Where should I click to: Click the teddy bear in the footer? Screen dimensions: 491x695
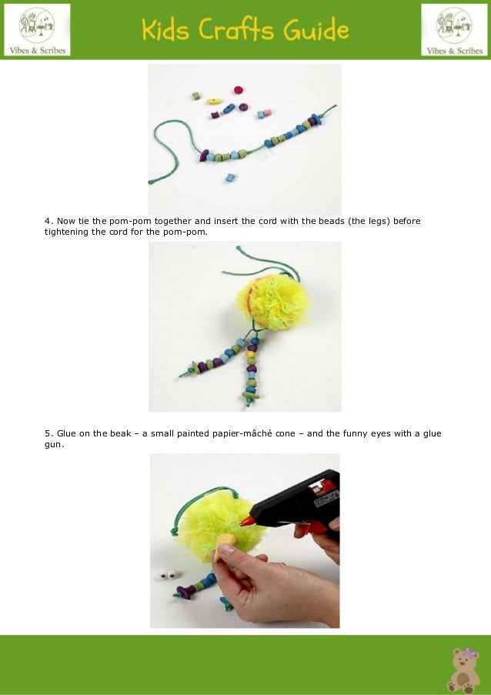463,670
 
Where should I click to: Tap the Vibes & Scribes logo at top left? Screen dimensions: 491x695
37,30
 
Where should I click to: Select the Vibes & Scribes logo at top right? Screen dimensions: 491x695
454,30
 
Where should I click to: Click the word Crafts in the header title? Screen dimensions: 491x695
235,29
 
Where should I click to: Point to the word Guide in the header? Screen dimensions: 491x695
316,30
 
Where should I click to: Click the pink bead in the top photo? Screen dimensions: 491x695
239,90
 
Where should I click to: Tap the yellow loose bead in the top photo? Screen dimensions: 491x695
214,101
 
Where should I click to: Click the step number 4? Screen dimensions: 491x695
48,221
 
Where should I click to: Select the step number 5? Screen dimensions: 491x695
48,433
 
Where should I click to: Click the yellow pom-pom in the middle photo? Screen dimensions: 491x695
273,302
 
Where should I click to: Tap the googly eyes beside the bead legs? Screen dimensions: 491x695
169,576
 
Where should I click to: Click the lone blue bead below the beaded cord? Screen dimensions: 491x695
229,178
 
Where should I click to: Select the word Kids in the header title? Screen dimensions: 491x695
165,29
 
